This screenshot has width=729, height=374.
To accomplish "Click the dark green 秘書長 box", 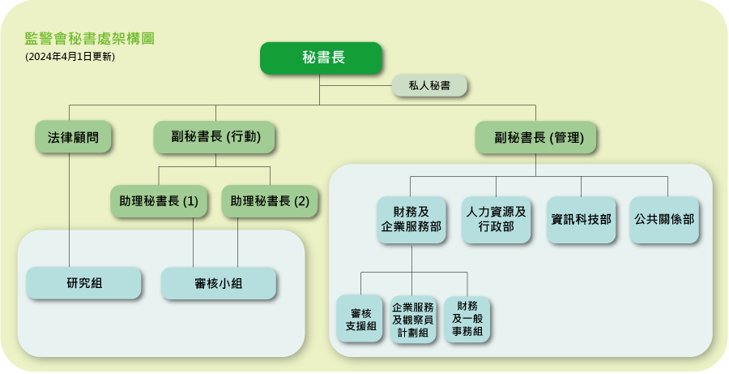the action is click(321, 58).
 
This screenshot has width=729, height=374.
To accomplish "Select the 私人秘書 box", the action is click(429, 85).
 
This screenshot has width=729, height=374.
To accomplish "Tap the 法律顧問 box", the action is click(73, 137).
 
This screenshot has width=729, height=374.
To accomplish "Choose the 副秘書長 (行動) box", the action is click(215, 137).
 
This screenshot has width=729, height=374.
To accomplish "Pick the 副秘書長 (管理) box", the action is click(535, 138).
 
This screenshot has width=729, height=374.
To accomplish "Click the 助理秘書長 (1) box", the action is click(159, 201).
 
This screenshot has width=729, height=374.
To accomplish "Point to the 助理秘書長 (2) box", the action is click(270, 201).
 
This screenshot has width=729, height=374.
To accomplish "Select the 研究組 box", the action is click(83, 282).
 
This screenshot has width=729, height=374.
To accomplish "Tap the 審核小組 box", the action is click(219, 283).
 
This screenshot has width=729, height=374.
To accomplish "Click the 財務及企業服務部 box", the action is click(411, 220).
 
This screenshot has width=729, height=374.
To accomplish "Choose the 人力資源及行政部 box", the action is click(496, 220).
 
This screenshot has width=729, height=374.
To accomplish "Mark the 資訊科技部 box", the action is click(581, 220).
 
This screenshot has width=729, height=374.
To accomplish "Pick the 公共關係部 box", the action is click(664, 220).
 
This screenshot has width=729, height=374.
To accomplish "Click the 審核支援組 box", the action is click(360, 319).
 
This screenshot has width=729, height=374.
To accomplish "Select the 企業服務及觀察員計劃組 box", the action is click(413, 320).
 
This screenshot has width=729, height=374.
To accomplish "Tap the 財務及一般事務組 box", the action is click(467, 320).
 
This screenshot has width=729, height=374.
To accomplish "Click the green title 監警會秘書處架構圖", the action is click(89, 38).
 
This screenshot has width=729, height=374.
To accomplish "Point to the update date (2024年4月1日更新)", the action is click(70, 57).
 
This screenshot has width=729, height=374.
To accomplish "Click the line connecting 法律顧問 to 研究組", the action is click(70, 209).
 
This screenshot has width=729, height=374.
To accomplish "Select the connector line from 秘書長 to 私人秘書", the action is click(356, 86).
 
